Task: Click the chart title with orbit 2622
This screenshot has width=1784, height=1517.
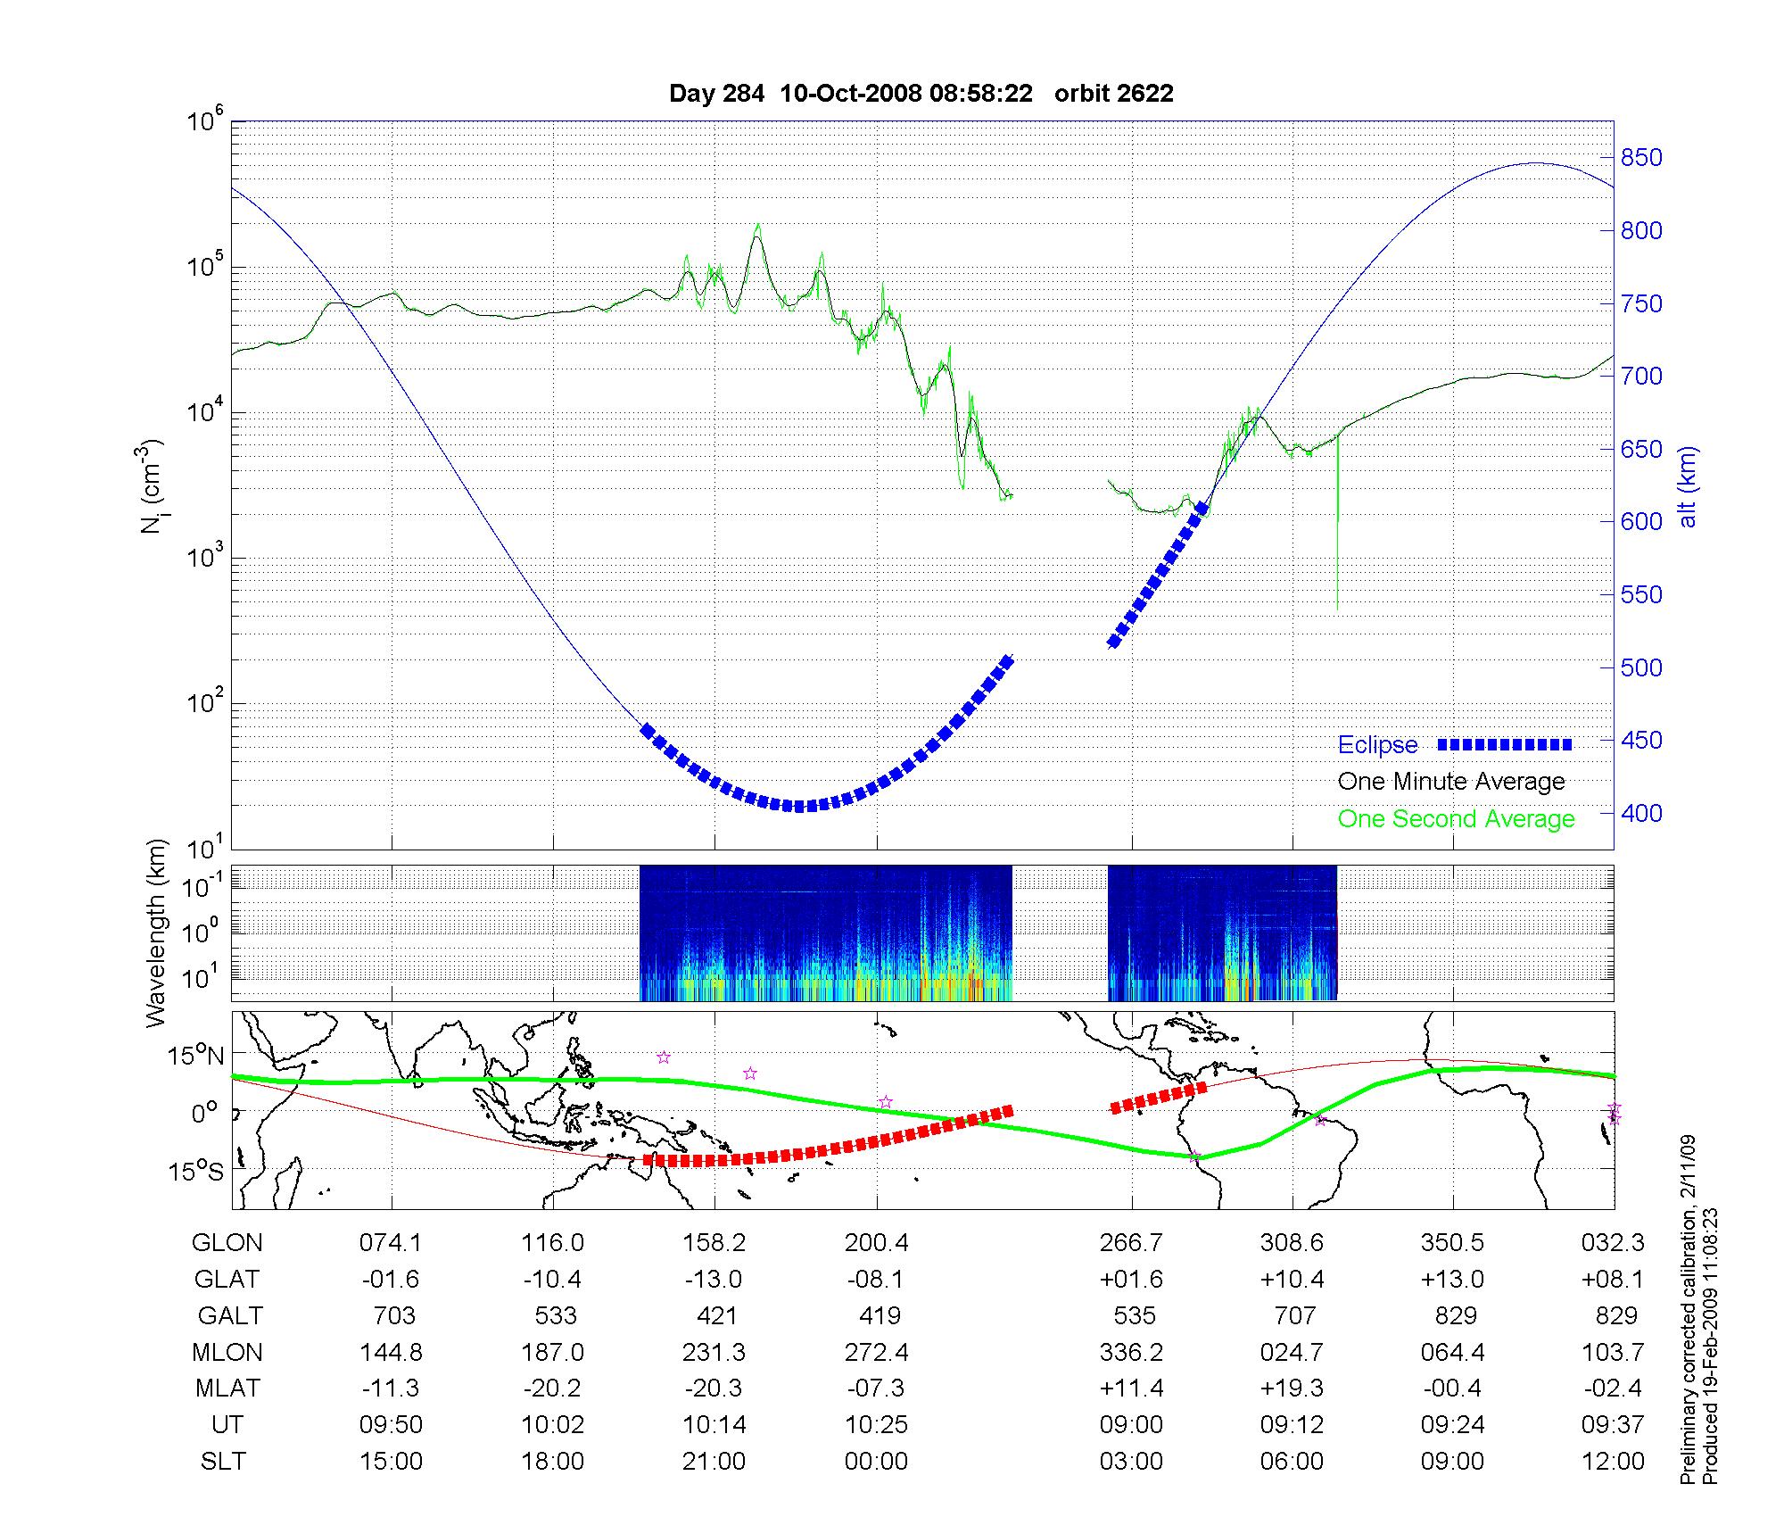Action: point(921,94)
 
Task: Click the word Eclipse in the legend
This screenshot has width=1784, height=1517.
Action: point(1377,745)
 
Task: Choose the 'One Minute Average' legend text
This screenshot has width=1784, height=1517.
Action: point(1451,782)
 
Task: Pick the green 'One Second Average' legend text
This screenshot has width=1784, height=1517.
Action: point(1456,819)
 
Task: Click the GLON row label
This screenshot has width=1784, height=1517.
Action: point(227,1243)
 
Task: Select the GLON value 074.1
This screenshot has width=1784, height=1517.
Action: point(391,1243)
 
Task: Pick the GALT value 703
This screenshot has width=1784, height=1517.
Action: point(393,1316)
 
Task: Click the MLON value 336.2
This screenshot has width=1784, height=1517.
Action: point(1131,1353)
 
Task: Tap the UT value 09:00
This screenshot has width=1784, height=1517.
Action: point(1131,1425)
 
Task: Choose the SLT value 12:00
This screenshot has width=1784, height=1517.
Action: point(1615,1462)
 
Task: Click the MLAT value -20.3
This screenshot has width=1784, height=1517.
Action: point(714,1389)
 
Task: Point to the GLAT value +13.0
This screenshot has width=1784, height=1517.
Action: point(1452,1280)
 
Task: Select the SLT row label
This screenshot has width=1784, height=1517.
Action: point(223,1462)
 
